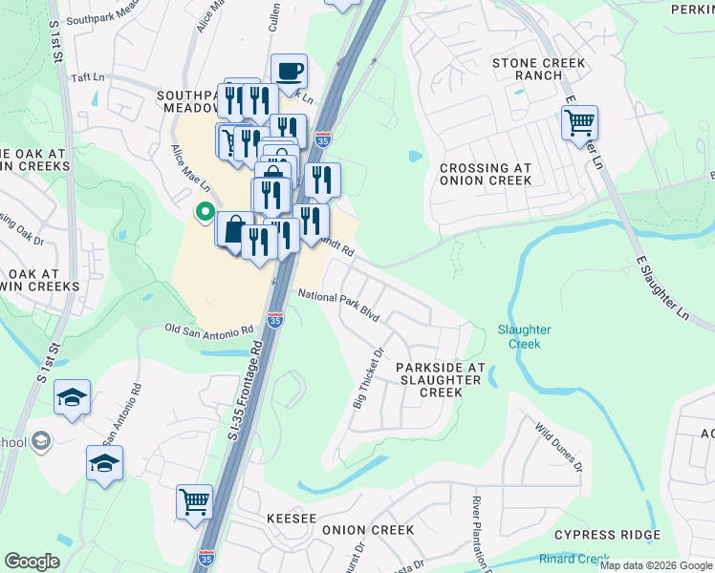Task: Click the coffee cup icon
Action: point(289,70)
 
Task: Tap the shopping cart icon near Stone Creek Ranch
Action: point(579,122)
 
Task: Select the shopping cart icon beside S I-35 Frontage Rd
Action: point(194,499)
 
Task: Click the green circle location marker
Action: point(204,212)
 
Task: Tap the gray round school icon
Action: point(40,440)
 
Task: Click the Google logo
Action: point(32,562)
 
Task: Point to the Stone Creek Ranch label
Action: point(538,69)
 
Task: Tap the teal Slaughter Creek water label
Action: point(525,336)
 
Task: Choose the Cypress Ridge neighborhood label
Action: point(607,535)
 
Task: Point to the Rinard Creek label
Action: point(574,559)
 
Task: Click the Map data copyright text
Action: point(655,565)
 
